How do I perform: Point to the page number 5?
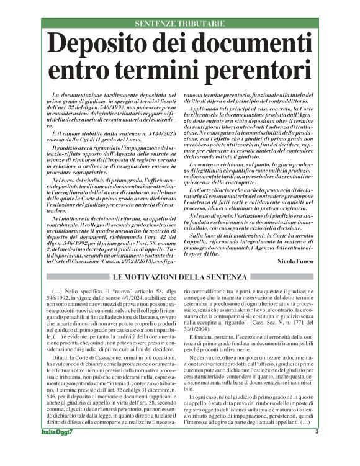pos(317,449)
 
